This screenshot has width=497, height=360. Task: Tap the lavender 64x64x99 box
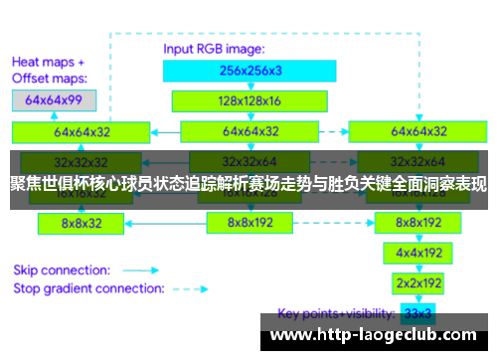55,100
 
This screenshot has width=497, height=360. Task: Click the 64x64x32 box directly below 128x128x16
249,131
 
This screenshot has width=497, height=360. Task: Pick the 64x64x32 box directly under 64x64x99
83,131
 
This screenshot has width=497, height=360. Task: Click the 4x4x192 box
417,253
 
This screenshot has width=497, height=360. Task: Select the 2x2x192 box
417,282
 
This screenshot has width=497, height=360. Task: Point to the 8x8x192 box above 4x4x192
417,223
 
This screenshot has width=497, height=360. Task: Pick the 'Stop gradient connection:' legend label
87,288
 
